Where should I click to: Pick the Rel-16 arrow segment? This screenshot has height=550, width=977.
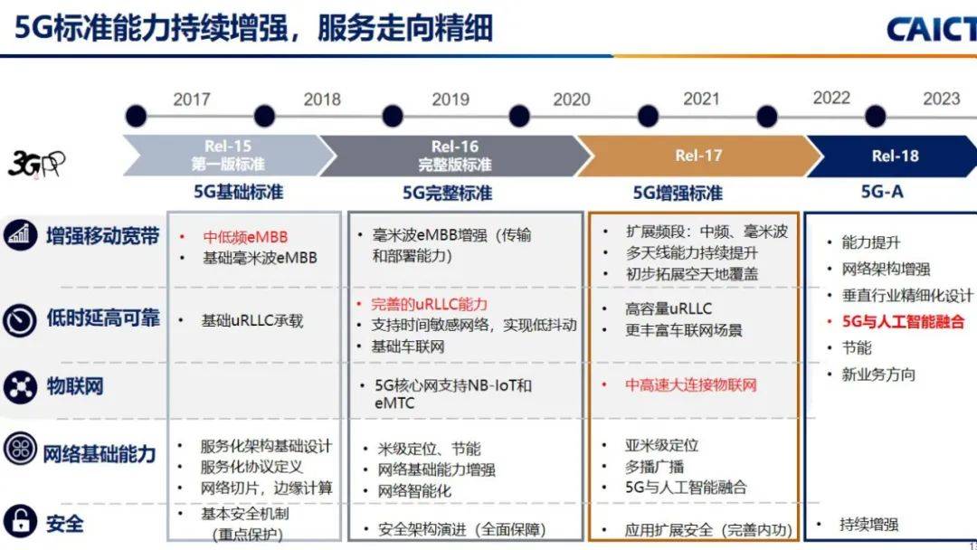pos(452,155)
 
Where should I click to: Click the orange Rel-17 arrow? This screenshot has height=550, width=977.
pos(697,156)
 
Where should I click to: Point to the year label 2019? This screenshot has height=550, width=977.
pos(451,99)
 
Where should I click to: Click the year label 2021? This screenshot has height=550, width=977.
pos(701,99)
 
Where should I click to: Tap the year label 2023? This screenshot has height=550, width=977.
pos(941,99)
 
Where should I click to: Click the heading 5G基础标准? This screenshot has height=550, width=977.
pos(239,193)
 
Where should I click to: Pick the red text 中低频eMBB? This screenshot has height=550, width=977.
pos(244,237)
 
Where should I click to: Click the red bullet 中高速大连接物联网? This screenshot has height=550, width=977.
pos(690,384)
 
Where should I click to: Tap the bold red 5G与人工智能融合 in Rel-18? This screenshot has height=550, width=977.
pos(903,321)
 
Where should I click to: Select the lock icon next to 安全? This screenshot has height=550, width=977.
pos(19,522)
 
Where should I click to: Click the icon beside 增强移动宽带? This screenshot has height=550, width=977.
pos(19,237)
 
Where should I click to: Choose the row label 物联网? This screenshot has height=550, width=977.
pos(75,386)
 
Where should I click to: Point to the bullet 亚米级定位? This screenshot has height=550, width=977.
pos(661,445)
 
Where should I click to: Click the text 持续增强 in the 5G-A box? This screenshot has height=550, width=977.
pos(868,525)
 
